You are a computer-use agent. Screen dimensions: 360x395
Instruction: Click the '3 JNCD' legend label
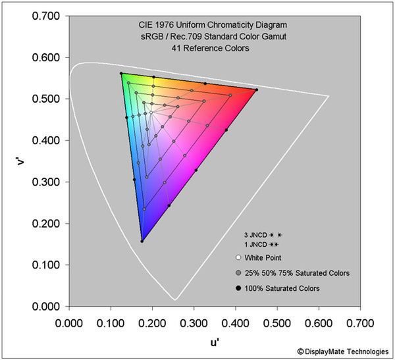pos(255,234)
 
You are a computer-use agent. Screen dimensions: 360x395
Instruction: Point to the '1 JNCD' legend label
pos(255,244)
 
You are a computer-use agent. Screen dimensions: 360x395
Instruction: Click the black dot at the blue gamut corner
pos(142,241)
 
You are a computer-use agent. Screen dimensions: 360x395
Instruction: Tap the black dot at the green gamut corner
pos(121,73)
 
